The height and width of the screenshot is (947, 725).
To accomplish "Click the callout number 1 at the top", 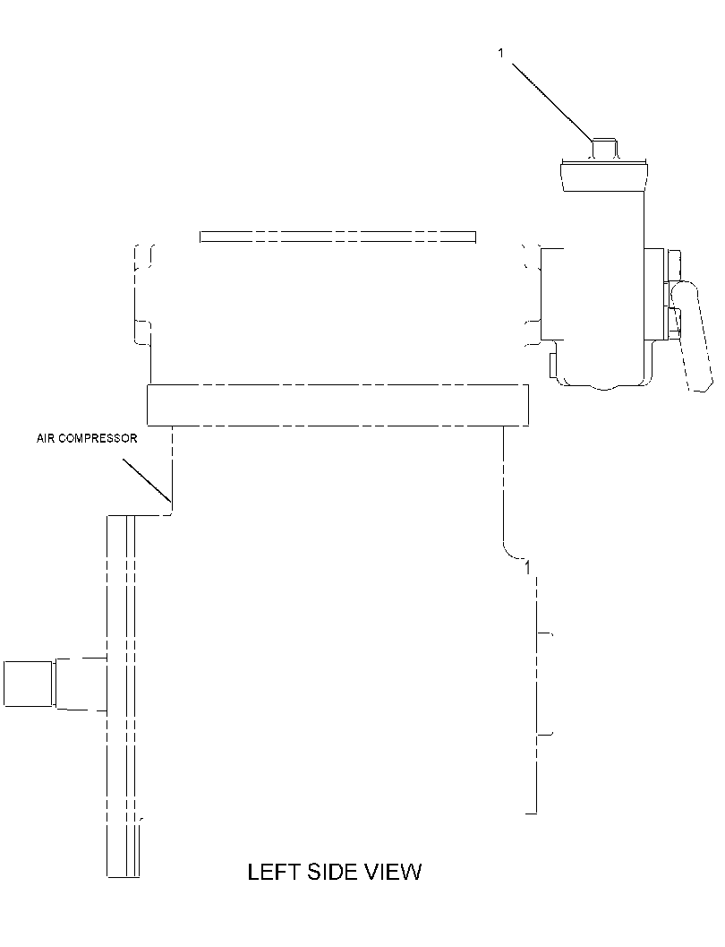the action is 500,54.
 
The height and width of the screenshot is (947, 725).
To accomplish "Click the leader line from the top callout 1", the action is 552,101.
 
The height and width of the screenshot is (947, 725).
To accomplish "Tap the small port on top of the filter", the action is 604,150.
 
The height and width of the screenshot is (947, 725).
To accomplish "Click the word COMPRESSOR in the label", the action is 97,438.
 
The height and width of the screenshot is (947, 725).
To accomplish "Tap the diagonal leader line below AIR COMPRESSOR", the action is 147,480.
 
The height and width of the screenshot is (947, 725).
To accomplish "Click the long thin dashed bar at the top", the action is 337,237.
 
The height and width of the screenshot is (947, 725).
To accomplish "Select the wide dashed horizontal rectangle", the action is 337,405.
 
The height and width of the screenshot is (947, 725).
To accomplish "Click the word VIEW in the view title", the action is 395,872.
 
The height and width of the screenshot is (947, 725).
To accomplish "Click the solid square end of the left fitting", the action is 28,684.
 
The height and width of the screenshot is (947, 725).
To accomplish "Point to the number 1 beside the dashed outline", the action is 528,568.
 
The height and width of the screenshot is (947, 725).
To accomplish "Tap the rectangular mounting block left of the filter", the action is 552,294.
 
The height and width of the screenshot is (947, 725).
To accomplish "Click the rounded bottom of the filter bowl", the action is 605,384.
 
